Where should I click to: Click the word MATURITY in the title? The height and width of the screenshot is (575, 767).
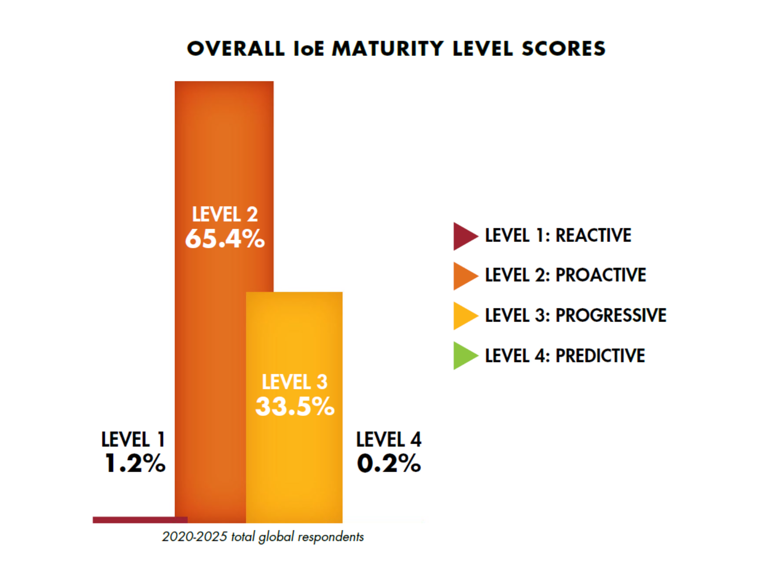(388, 49)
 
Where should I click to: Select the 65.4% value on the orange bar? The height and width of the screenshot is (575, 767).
(225, 239)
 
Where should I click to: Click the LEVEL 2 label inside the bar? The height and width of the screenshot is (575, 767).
(225, 214)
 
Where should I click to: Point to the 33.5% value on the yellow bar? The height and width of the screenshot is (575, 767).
(295, 406)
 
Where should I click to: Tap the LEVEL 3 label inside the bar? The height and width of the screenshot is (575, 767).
(294, 382)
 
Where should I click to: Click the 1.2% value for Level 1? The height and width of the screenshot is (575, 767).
(135, 463)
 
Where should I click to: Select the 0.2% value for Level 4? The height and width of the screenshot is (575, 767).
(389, 463)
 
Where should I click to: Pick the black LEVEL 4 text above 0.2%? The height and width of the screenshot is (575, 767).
(389, 439)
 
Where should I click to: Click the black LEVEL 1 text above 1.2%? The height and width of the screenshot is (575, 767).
(133, 439)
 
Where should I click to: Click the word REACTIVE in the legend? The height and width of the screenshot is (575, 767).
(593, 235)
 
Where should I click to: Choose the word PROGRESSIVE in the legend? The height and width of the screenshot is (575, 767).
(611, 315)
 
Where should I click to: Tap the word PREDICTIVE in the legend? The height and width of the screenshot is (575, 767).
(600, 356)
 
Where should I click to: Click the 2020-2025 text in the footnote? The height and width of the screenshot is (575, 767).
(194, 537)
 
